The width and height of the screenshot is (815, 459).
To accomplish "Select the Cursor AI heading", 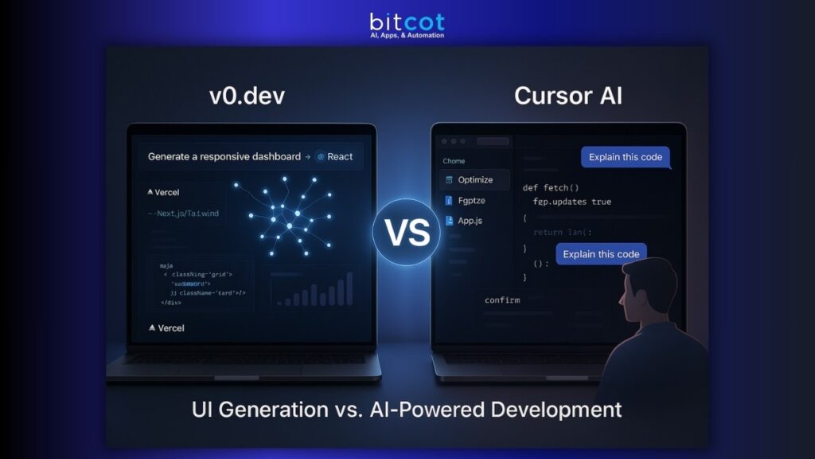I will (568, 96).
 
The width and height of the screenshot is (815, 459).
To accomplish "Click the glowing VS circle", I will (407, 231).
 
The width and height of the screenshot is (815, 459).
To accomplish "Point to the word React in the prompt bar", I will (340, 156).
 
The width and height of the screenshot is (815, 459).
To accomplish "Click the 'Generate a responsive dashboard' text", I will (224, 156).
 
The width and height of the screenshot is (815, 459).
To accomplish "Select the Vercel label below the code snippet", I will (167, 328).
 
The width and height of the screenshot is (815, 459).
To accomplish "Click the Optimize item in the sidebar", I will (475, 180).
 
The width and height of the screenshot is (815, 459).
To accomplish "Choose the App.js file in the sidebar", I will (470, 221).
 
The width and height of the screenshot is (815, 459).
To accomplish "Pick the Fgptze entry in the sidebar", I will (471, 201).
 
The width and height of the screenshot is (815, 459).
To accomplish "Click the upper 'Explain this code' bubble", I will (625, 157).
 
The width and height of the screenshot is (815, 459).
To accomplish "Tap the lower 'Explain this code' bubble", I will (601, 254).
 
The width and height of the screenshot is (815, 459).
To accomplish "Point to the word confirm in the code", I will (502, 300).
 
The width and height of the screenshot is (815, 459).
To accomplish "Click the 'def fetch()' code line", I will (550, 188).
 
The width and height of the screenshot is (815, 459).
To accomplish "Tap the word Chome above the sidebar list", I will (454, 161).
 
